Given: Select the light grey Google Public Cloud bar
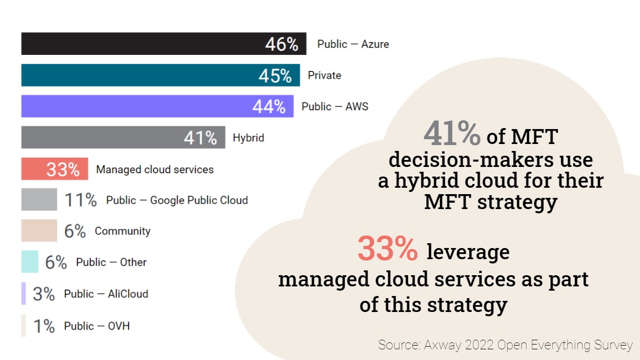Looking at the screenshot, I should pos(39,200).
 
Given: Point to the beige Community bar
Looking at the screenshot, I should pos(39,231).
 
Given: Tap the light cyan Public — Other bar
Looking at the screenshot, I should pos(30,262).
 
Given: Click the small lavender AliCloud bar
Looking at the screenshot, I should pos(23,293).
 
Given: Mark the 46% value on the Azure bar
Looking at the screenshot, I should pos(282,44).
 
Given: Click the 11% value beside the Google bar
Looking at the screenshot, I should pos(81,201).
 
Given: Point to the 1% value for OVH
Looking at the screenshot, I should pos(44,326).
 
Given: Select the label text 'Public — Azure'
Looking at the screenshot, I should pos(353,44).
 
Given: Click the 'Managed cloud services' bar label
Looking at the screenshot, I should pos(155,170).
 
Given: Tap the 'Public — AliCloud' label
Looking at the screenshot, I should pos(106,294).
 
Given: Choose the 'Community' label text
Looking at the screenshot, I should pos(123,231).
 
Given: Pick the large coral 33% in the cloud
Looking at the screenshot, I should pos(388,249).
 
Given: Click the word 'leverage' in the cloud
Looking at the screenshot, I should pos(468,252).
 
